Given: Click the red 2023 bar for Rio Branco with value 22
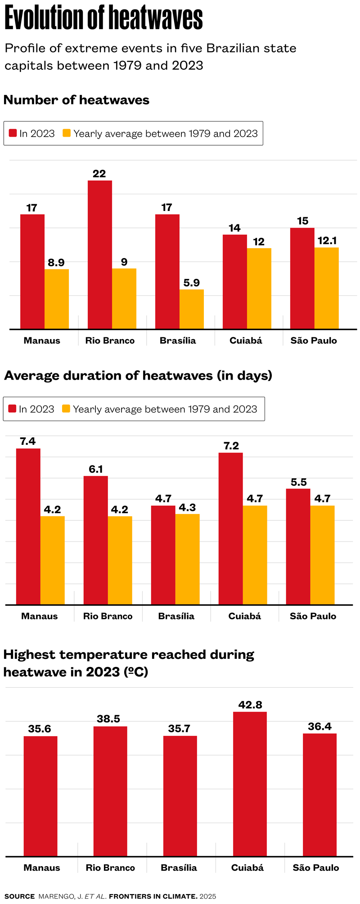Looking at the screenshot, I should pos(99,255).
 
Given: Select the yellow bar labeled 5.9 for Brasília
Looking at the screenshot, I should pos(191,309).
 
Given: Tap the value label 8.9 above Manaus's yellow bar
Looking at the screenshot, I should pos(56,263).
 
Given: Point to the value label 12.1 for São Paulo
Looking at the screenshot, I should pos(327,241).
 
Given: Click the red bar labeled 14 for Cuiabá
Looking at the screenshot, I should pos(234,282).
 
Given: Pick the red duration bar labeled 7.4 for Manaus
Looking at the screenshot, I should pos(28,526).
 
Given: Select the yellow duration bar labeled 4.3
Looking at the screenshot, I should pos(187,559).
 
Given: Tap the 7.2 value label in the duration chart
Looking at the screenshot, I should pos(231,446).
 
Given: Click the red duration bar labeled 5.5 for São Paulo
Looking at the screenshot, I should pos(298,546).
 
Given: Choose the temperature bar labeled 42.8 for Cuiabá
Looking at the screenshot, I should pos(250,784).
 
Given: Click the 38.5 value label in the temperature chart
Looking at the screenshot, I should pos(108,719).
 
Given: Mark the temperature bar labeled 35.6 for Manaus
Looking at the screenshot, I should pos(40,796).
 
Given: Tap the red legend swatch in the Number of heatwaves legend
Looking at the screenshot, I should pos(13,133).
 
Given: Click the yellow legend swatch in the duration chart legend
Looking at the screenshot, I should pos(66,409).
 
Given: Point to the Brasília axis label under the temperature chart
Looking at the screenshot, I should pos(179,868).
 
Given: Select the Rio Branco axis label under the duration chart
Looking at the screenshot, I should pos(108,616).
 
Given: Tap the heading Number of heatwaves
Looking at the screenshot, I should pos(76,100).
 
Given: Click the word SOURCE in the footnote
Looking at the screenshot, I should pos(19,896).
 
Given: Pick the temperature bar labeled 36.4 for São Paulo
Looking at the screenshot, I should pos(319,795).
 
